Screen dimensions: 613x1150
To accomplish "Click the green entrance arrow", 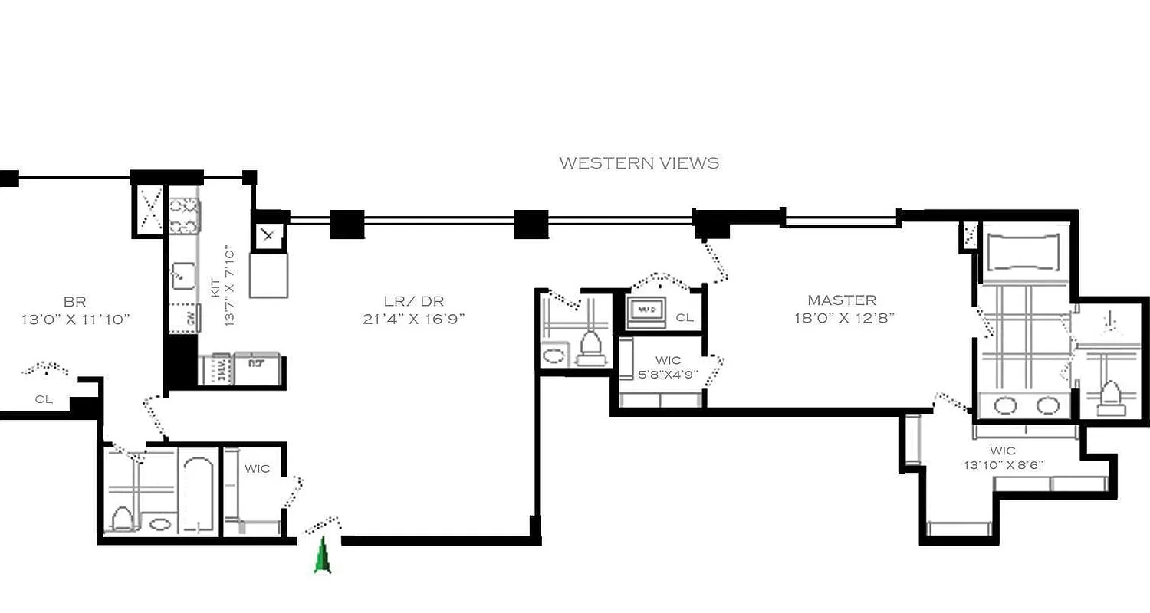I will pos(323,556).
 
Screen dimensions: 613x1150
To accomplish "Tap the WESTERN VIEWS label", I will pos(639,162).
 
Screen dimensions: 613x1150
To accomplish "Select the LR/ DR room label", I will pos(414,301).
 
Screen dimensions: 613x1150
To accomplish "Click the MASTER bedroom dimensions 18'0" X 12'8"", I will pos(844,318).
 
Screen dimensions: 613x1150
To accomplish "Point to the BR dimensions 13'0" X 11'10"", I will pos(76,320).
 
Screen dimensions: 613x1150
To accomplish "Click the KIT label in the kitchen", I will pos(215,287).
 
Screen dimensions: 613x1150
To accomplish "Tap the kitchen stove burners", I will pos(184,215).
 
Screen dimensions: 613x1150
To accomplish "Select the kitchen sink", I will pos(182,274).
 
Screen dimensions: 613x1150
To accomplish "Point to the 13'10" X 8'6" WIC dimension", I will pos(1003,464).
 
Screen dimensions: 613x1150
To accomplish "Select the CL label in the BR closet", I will pos(44,398).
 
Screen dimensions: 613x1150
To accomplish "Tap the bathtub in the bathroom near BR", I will pos(199,494).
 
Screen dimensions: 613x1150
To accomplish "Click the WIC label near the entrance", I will pos(257,468).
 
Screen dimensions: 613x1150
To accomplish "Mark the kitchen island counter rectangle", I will pos(269,274).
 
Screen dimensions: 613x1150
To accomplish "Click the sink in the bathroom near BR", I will pos(160,524).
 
